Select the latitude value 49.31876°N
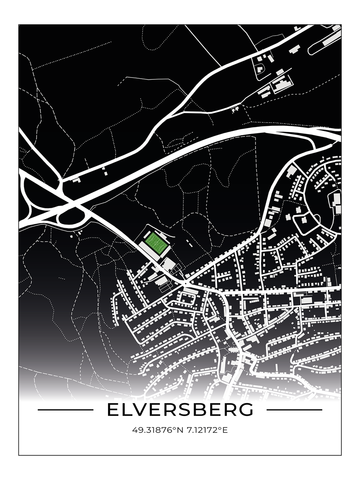[158, 431]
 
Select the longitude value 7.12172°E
[207, 431]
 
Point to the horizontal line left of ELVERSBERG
[65, 410]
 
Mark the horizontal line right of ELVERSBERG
[294, 410]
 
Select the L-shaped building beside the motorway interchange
[76, 179]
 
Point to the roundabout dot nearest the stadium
[186, 283]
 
